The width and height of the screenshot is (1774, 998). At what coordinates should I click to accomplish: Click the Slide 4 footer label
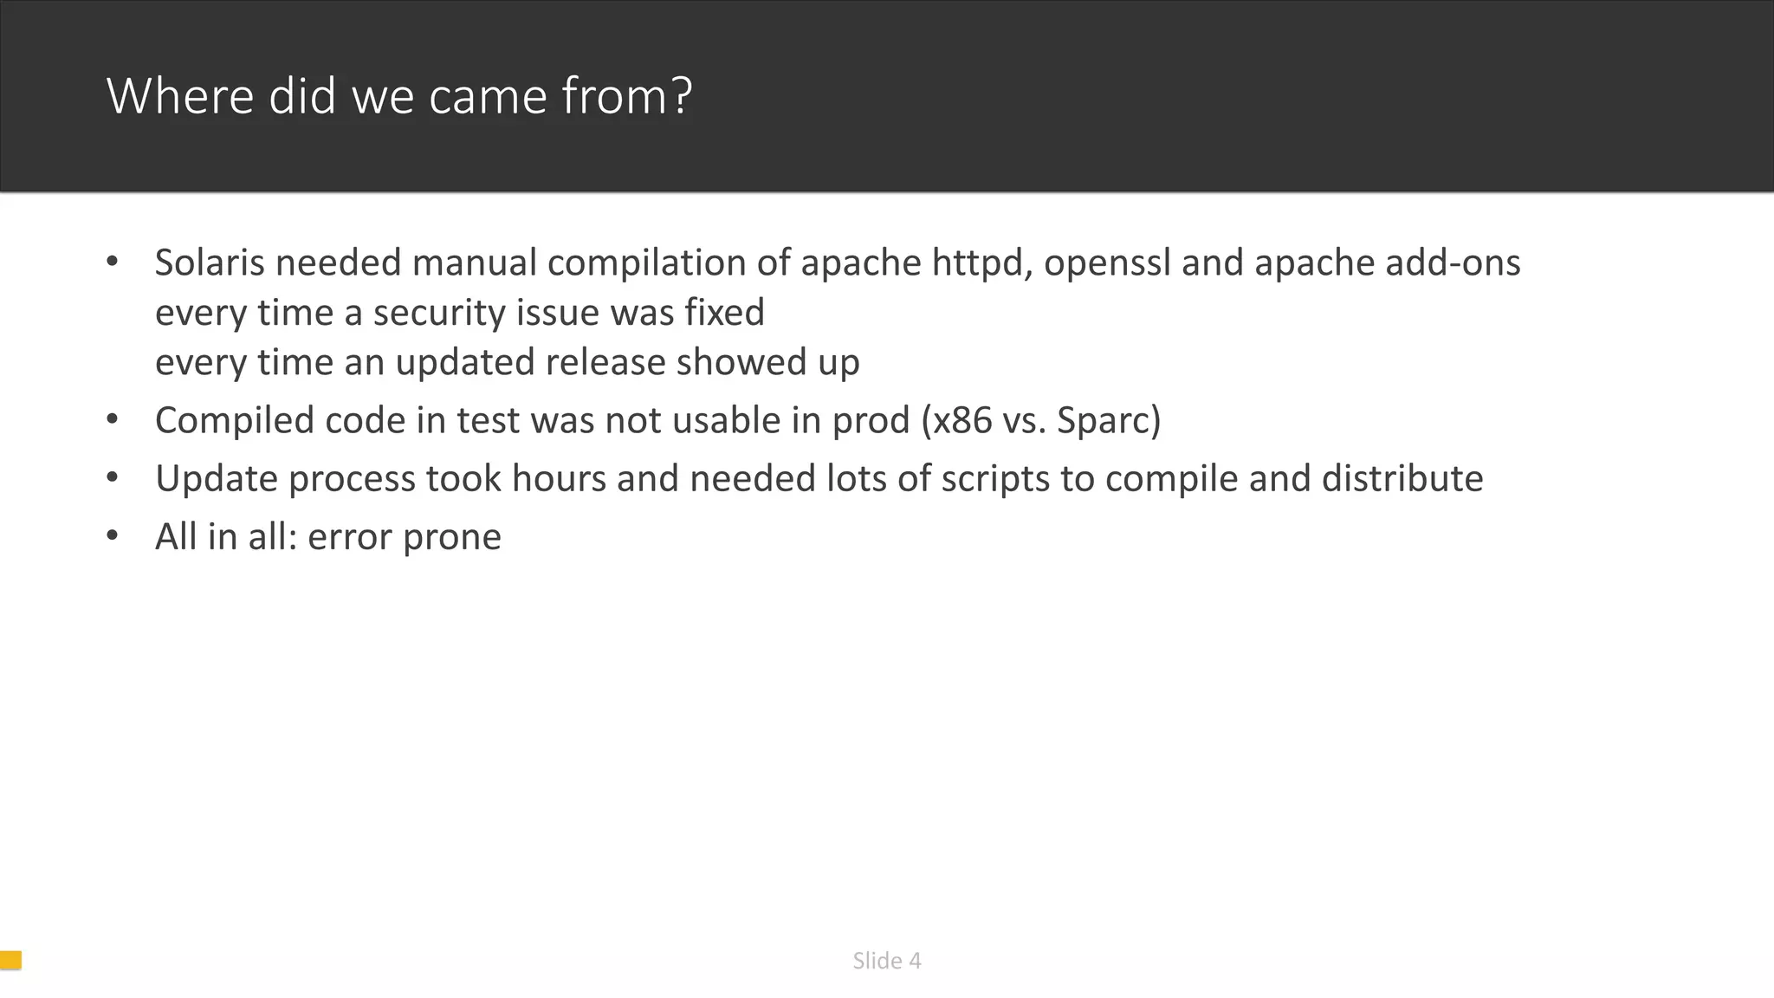pyautogui.click(x=886, y=961)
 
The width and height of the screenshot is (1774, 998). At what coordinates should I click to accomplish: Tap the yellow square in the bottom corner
pyautogui.click(x=10, y=960)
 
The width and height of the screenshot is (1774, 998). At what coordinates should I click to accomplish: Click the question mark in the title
pyautogui.click(x=682, y=96)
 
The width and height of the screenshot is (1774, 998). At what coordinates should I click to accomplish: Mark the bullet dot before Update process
pyautogui.click(x=112, y=477)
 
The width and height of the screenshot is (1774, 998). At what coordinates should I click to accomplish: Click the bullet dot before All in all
pyautogui.click(x=112, y=535)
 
